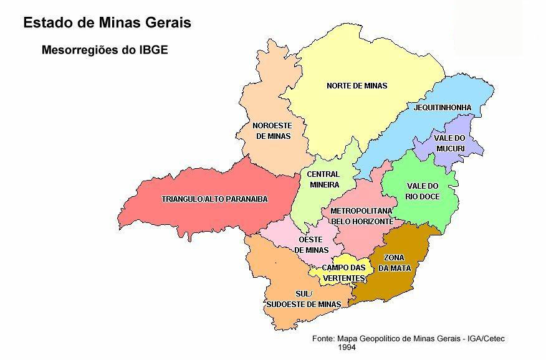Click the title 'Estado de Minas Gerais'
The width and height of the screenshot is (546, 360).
(107, 23)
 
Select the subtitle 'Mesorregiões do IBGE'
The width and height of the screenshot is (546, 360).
(104, 49)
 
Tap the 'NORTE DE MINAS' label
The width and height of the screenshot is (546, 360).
(357, 86)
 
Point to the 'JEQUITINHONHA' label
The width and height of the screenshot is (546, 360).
(443, 108)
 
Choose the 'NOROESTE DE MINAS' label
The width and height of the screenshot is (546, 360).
(272, 131)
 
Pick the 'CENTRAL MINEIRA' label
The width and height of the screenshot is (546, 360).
(323, 179)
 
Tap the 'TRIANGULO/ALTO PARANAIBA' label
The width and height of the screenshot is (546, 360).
(214, 199)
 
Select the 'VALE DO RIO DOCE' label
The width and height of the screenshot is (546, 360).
(423, 191)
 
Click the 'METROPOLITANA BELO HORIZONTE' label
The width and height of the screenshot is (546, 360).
(362, 216)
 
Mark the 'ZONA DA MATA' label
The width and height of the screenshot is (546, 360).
(397, 263)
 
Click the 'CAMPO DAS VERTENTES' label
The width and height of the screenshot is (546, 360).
(343, 273)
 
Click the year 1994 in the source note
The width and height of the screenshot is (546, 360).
(347, 348)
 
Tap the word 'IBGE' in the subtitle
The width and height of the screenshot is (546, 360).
(152, 49)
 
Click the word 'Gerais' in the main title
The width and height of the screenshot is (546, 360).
(168, 23)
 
